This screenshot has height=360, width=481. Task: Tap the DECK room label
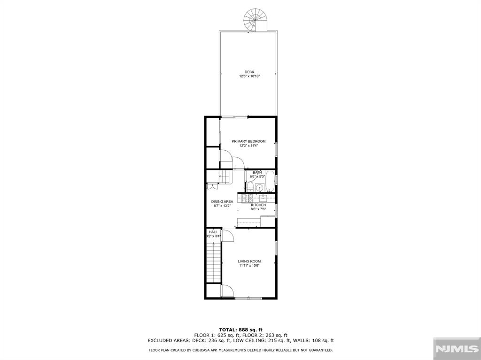tap(249, 72)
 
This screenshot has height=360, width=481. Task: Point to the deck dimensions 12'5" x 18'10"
tap(249, 76)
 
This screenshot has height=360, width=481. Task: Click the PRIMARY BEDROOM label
tap(248, 141)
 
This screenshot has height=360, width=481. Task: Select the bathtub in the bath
tap(270, 182)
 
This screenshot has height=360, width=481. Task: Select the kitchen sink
tap(263, 198)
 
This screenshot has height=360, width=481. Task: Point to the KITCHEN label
tap(258, 205)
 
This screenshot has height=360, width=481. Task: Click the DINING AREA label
tap(222, 201)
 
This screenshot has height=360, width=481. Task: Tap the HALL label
tap(213, 232)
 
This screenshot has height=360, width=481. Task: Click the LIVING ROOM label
tap(249, 261)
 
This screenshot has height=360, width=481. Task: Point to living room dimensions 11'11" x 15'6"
tap(249, 266)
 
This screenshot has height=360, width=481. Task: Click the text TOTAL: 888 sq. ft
tap(240, 329)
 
